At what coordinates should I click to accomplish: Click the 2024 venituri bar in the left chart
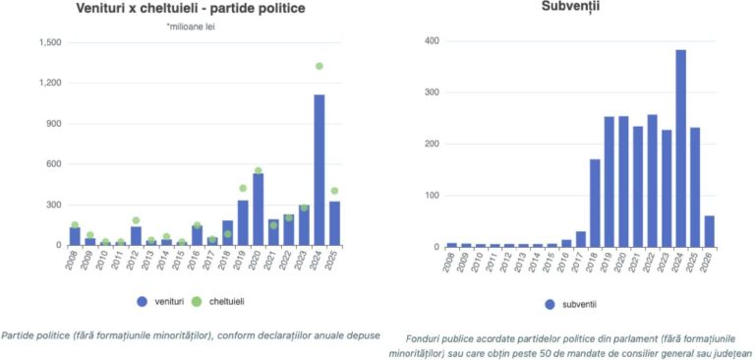319,169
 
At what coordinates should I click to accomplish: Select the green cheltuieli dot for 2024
319,66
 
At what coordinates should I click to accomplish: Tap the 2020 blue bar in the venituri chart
259,210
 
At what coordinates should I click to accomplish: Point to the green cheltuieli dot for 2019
243,188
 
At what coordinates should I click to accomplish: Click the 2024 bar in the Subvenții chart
681,149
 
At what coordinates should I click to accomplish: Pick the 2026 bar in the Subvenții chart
710,232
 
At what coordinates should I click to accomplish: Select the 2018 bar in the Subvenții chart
595,204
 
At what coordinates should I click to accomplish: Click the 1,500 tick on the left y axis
50,42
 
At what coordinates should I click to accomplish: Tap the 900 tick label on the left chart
54,123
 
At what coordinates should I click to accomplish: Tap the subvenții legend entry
571,304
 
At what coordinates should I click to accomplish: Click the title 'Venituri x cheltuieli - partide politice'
190,9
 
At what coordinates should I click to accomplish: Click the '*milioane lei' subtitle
190,27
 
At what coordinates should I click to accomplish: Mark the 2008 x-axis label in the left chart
71,260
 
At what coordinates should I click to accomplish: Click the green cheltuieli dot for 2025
334,191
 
